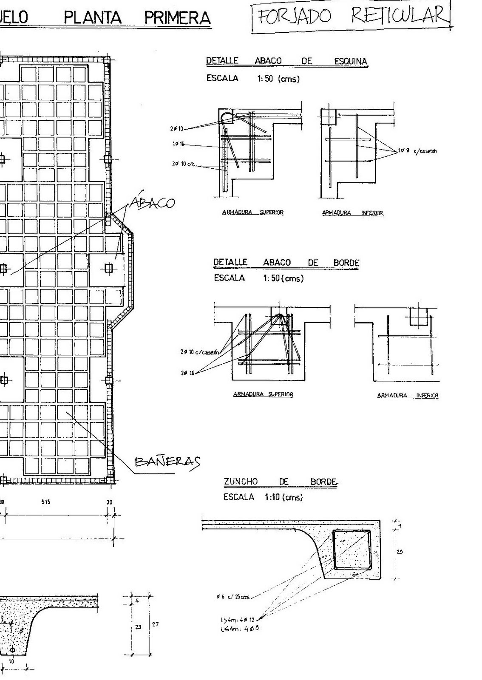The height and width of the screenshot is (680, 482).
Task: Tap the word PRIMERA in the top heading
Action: click(177, 18)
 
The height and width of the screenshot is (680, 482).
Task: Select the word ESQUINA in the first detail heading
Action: click(350, 61)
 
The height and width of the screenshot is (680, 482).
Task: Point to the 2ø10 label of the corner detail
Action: click(177, 128)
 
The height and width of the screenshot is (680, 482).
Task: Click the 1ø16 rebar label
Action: click(179, 144)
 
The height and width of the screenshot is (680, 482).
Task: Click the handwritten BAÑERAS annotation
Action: click(167, 461)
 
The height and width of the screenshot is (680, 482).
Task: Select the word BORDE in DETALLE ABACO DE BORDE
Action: click(346, 263)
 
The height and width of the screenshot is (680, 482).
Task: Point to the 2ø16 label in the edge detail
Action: click(187, 373)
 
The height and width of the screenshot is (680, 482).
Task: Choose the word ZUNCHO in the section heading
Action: click(241, 482)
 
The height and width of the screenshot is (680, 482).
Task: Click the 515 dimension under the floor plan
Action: click(46, 502)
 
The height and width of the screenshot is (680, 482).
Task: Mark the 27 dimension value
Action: click(155, 624)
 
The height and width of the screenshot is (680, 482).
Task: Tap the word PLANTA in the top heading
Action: click(92, 18)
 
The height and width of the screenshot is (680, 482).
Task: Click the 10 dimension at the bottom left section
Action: click(11, 661)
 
